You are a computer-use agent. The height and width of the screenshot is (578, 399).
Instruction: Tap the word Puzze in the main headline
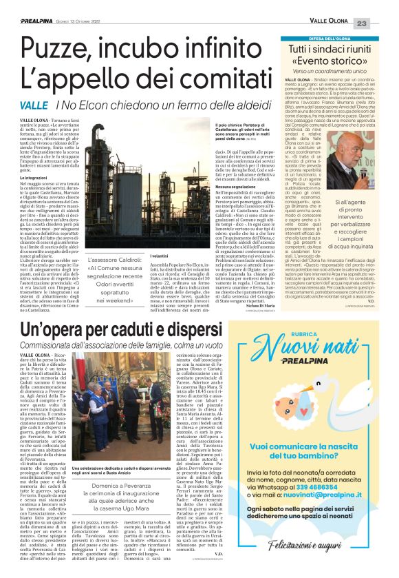[x=54, y=49]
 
